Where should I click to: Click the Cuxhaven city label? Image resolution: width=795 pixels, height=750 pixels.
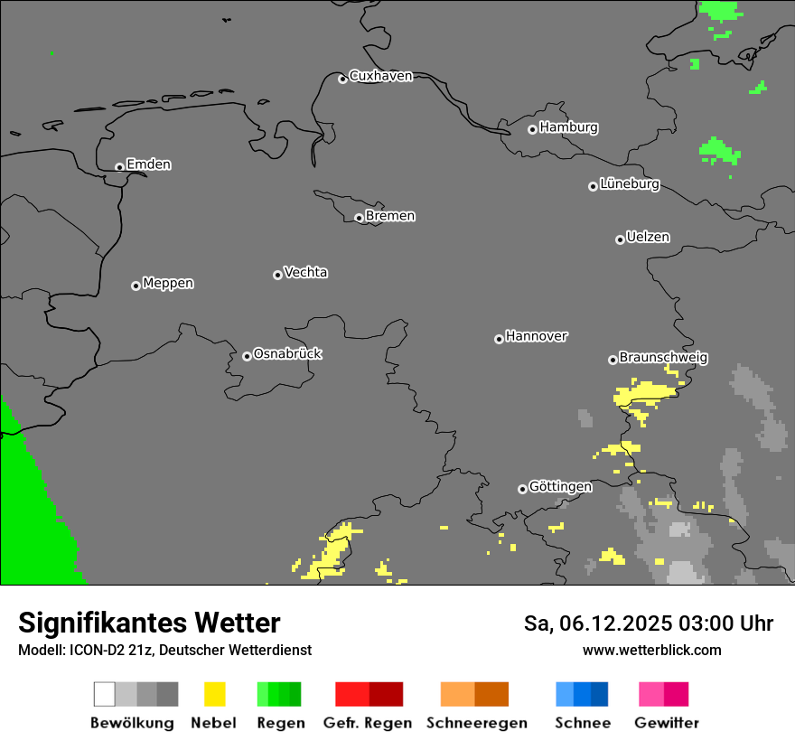(380, 77)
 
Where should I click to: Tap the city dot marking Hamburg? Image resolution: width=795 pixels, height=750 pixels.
(532, 129)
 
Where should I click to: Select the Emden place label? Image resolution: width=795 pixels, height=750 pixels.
(148, 164)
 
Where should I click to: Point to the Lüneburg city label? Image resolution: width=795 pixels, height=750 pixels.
(629, 184)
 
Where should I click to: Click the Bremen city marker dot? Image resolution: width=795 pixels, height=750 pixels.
(359, 218)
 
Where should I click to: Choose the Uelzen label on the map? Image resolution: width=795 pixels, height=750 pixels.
(648, 238)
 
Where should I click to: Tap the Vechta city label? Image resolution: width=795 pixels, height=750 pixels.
(305, 272)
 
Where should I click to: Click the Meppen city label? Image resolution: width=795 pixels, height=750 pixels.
(168, 284)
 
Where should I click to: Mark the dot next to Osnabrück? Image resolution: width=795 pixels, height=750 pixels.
(247, 356)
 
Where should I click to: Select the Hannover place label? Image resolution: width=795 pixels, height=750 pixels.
(537, 336)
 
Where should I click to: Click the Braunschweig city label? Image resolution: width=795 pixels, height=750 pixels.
(663, 358)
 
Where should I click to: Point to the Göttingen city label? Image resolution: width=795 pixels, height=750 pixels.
(560, 487)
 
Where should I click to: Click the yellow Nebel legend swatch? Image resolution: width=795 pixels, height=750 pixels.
(214, 694)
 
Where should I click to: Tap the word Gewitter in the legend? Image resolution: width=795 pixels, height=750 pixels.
(667, 723)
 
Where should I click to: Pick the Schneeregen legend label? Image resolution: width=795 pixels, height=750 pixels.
(477, 723)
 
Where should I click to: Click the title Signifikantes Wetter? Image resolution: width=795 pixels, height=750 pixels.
(149, 623)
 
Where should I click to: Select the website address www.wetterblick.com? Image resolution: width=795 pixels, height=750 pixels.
(651, 650)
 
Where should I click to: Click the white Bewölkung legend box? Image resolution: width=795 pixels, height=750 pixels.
(105, 694)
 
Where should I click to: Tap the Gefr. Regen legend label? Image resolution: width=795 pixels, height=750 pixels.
(368, 723)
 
